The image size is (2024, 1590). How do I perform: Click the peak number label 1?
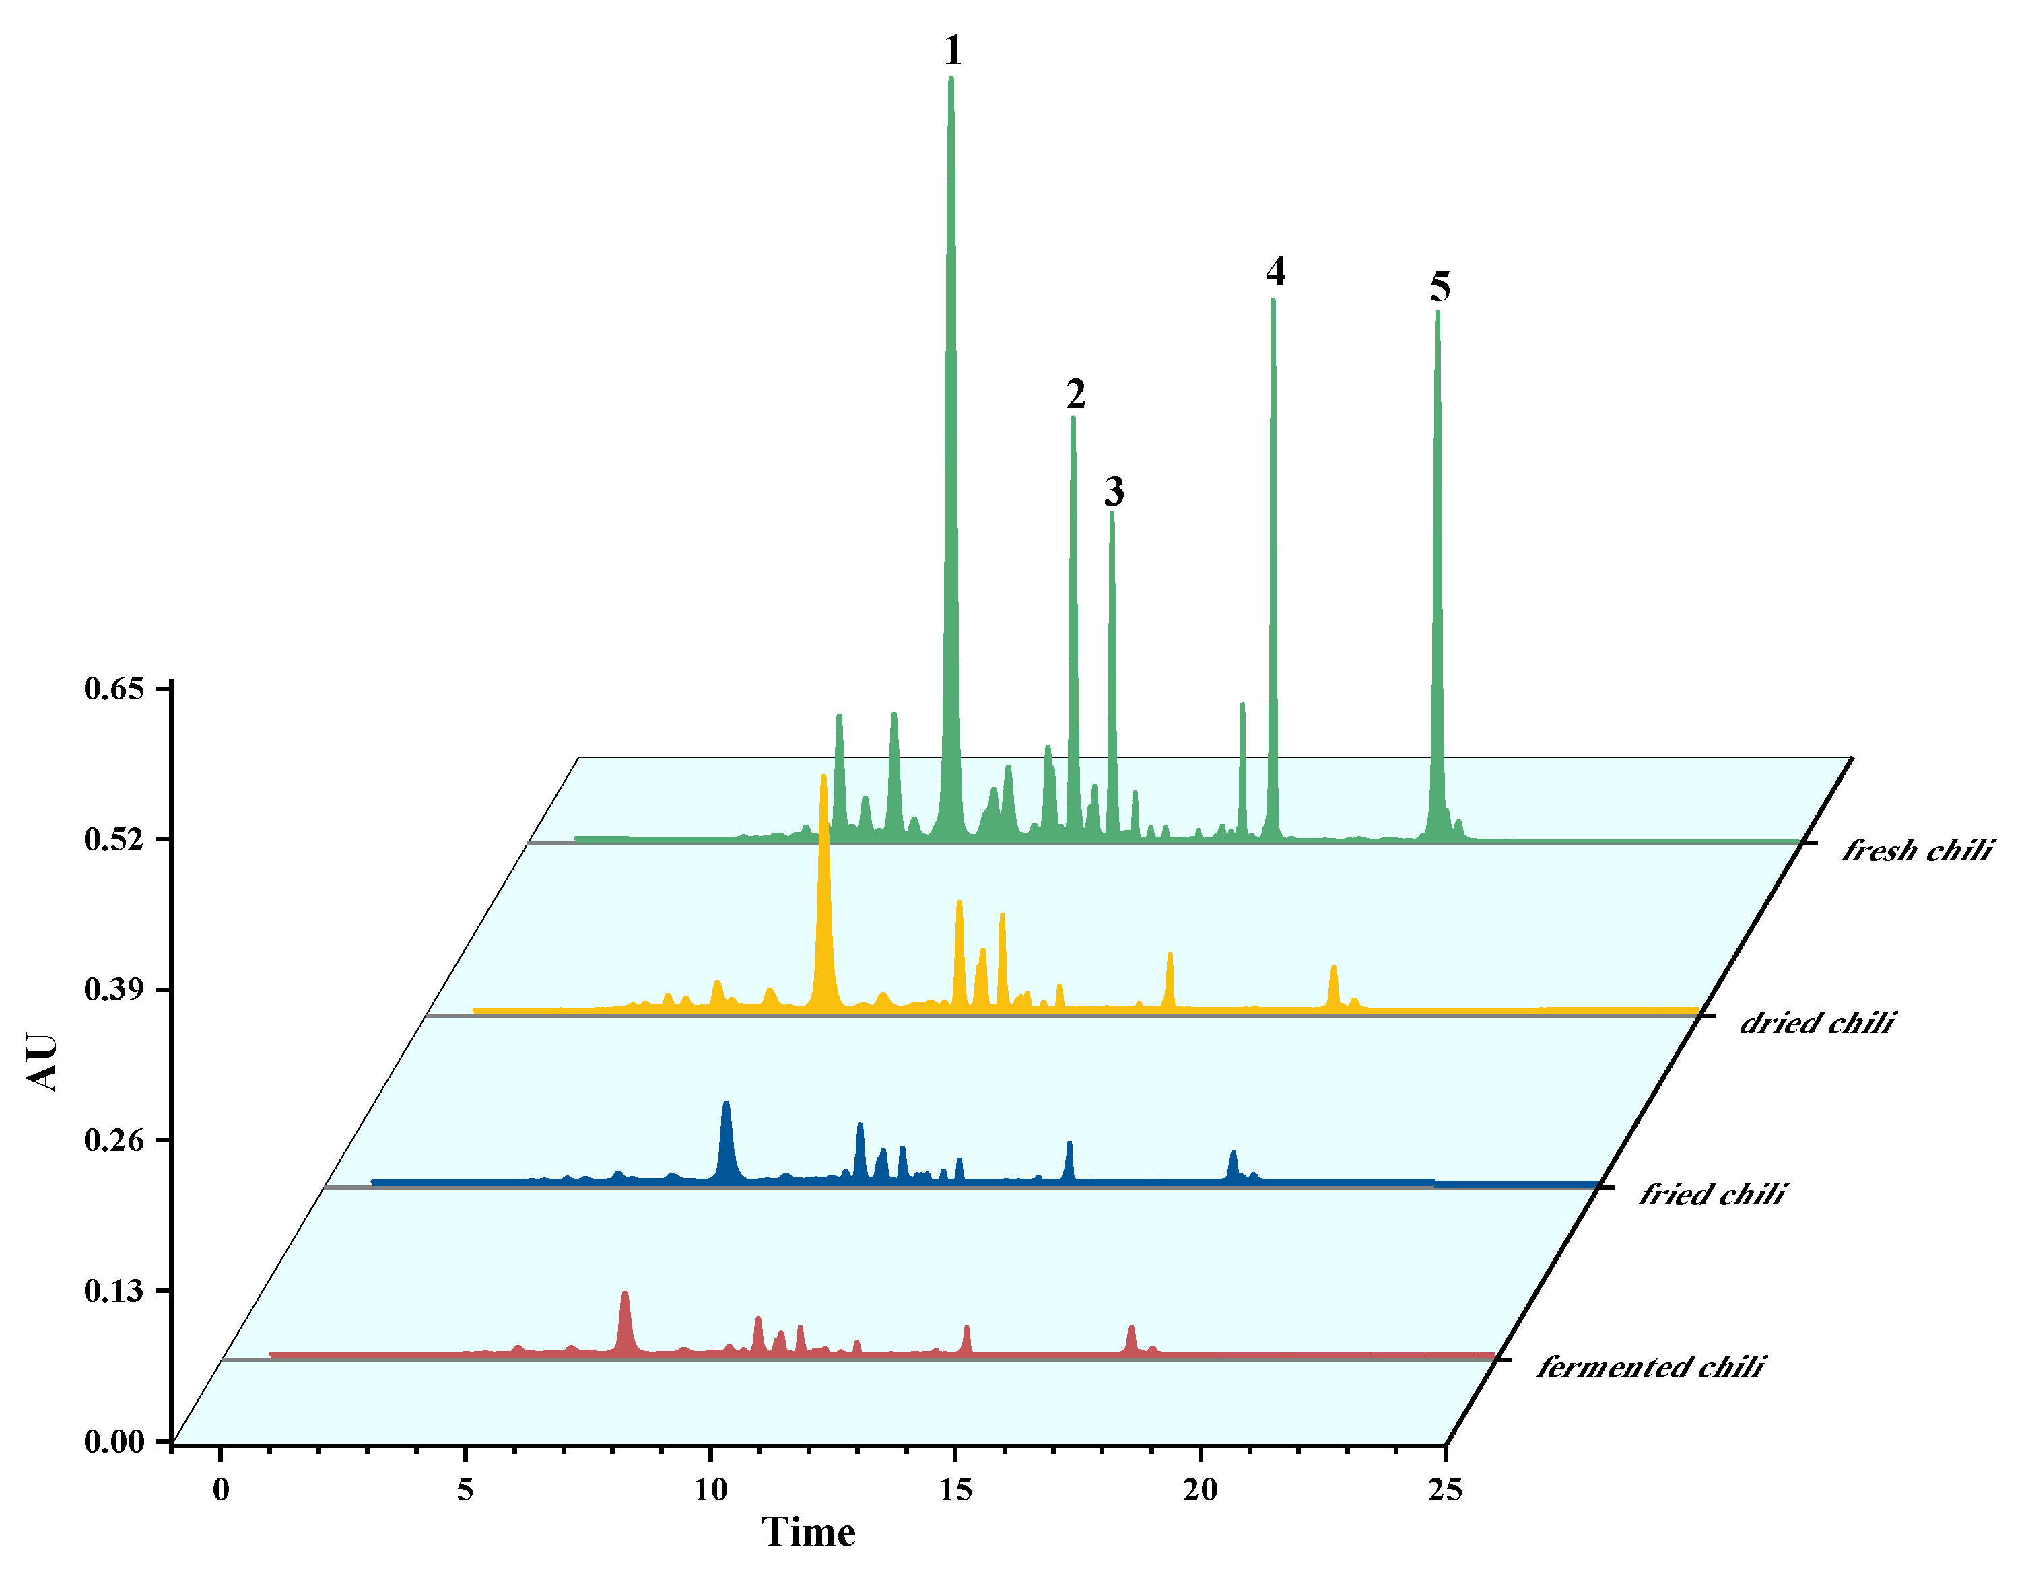(x=951, y=50)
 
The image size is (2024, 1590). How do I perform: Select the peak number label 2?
(x=1075, y=394)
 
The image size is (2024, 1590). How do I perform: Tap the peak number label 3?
(x=1114, y=491)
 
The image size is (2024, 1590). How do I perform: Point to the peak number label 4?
(x=1275, y=272)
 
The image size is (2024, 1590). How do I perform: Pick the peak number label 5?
(x=1440, y=287)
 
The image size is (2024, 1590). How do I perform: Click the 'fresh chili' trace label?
(x=1916, y=850)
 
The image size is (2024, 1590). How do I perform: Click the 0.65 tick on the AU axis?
(x=114, y=689)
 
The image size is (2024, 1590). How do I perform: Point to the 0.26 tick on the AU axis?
(x=114, y=1140)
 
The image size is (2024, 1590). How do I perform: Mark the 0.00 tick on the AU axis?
(x=114, y=1442)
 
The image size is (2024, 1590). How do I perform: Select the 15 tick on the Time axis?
(x=955, y=1490)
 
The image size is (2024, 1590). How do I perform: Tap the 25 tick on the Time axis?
(x=1445, y=1490)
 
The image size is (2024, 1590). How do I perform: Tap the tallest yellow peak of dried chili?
(x=823, y=778)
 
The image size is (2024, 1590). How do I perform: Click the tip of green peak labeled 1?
(x=951, y=79)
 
